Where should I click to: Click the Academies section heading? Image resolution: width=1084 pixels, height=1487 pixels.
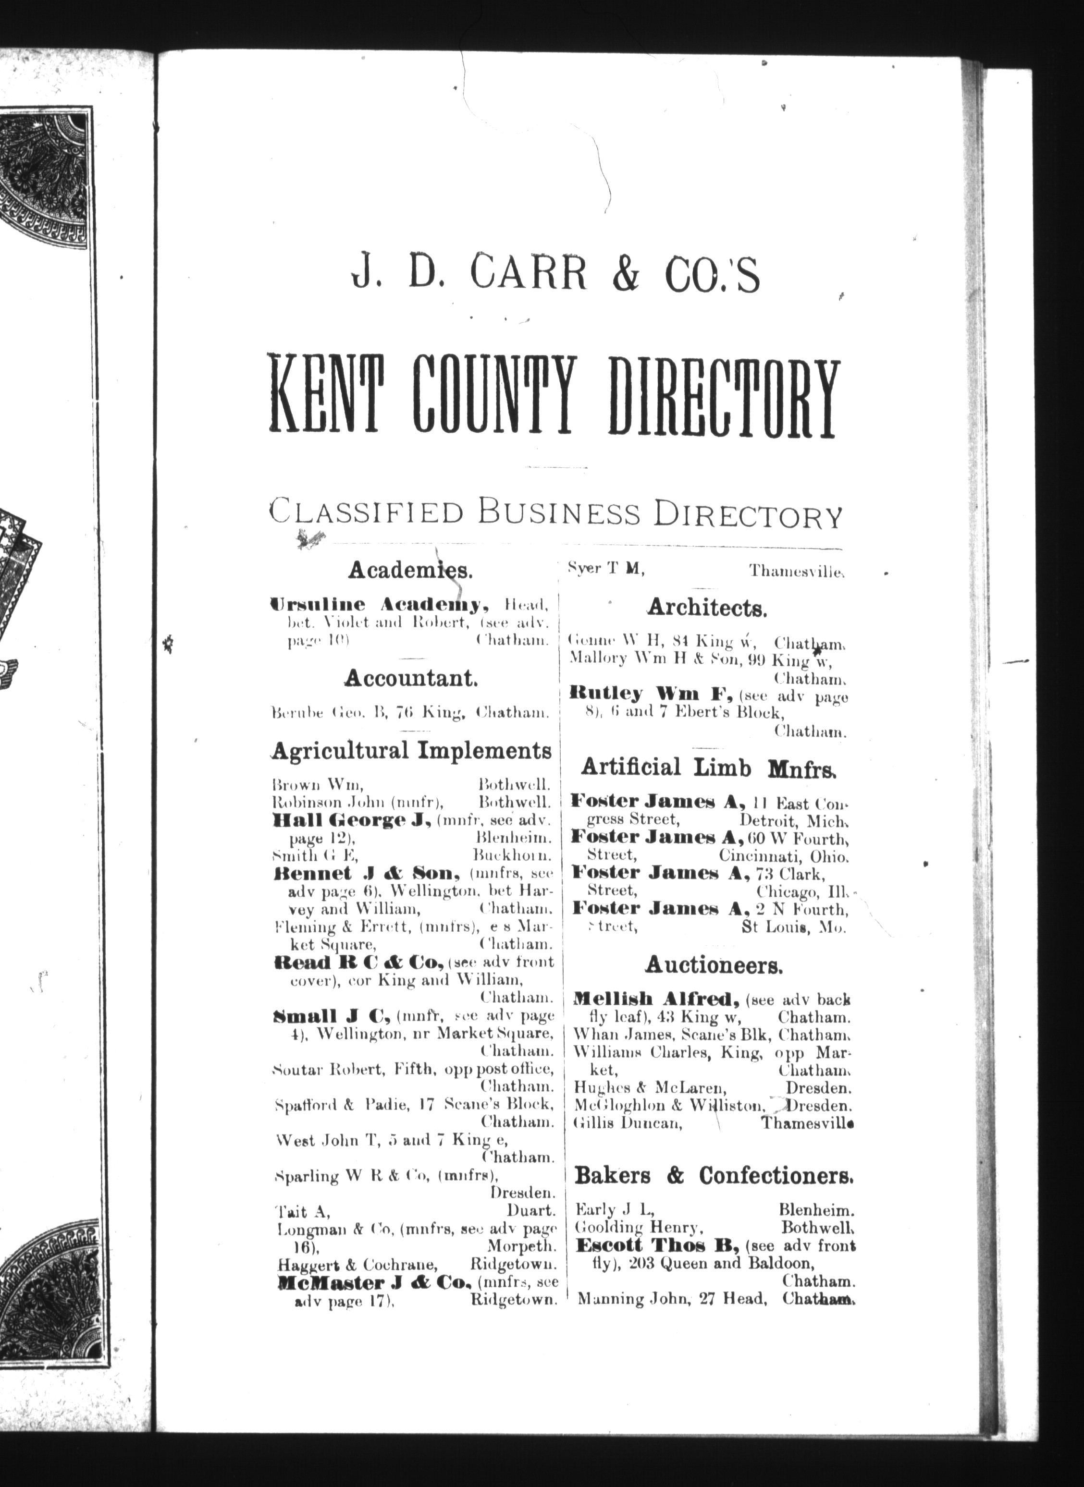tap(409, 569)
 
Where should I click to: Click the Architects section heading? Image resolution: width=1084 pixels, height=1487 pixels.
tap(707, 608)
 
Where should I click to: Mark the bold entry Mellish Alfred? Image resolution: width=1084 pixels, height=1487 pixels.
tap(657, 999)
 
